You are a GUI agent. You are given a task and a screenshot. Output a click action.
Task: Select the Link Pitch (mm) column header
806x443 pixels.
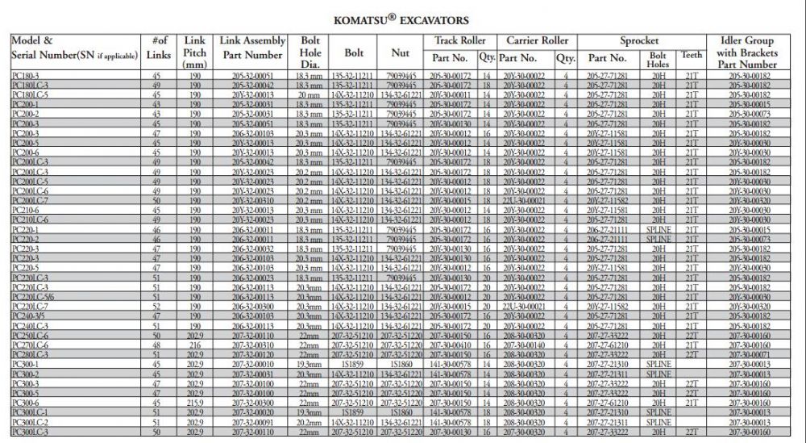pos(194,52)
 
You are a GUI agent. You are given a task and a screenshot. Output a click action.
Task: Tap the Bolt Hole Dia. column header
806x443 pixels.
pos(310,52)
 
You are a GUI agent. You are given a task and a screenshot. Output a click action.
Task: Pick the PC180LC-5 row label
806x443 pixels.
pos(31,94)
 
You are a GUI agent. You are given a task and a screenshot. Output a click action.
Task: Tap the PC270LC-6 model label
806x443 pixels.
pos(31,345)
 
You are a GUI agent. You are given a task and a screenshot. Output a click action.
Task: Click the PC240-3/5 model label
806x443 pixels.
pos(28,316)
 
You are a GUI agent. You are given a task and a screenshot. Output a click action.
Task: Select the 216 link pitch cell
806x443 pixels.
pos(194,345)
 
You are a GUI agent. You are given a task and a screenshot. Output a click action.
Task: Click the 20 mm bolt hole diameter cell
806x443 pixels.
pos(310,94)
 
